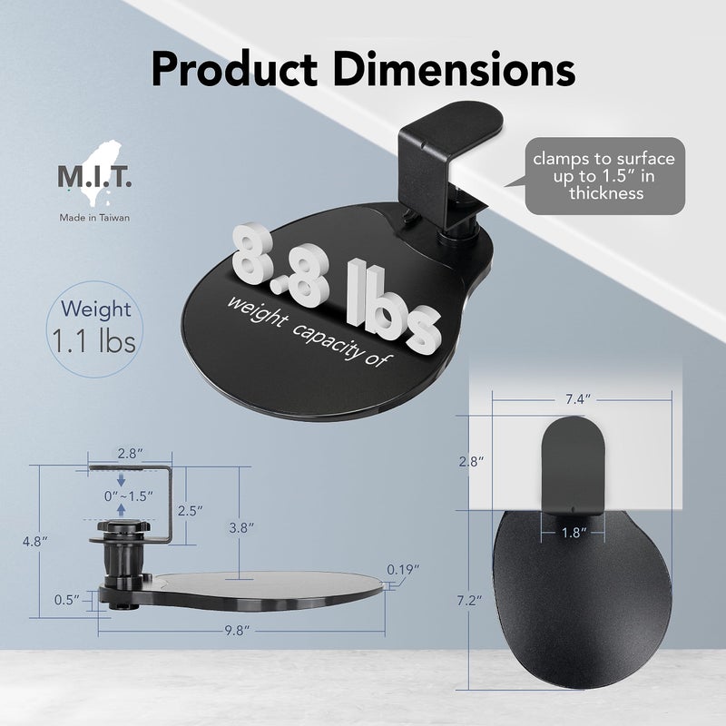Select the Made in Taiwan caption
coord(95,218)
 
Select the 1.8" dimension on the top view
coord(573,532)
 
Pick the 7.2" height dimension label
coord(468,600)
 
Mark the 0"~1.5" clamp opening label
coord(127,496)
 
